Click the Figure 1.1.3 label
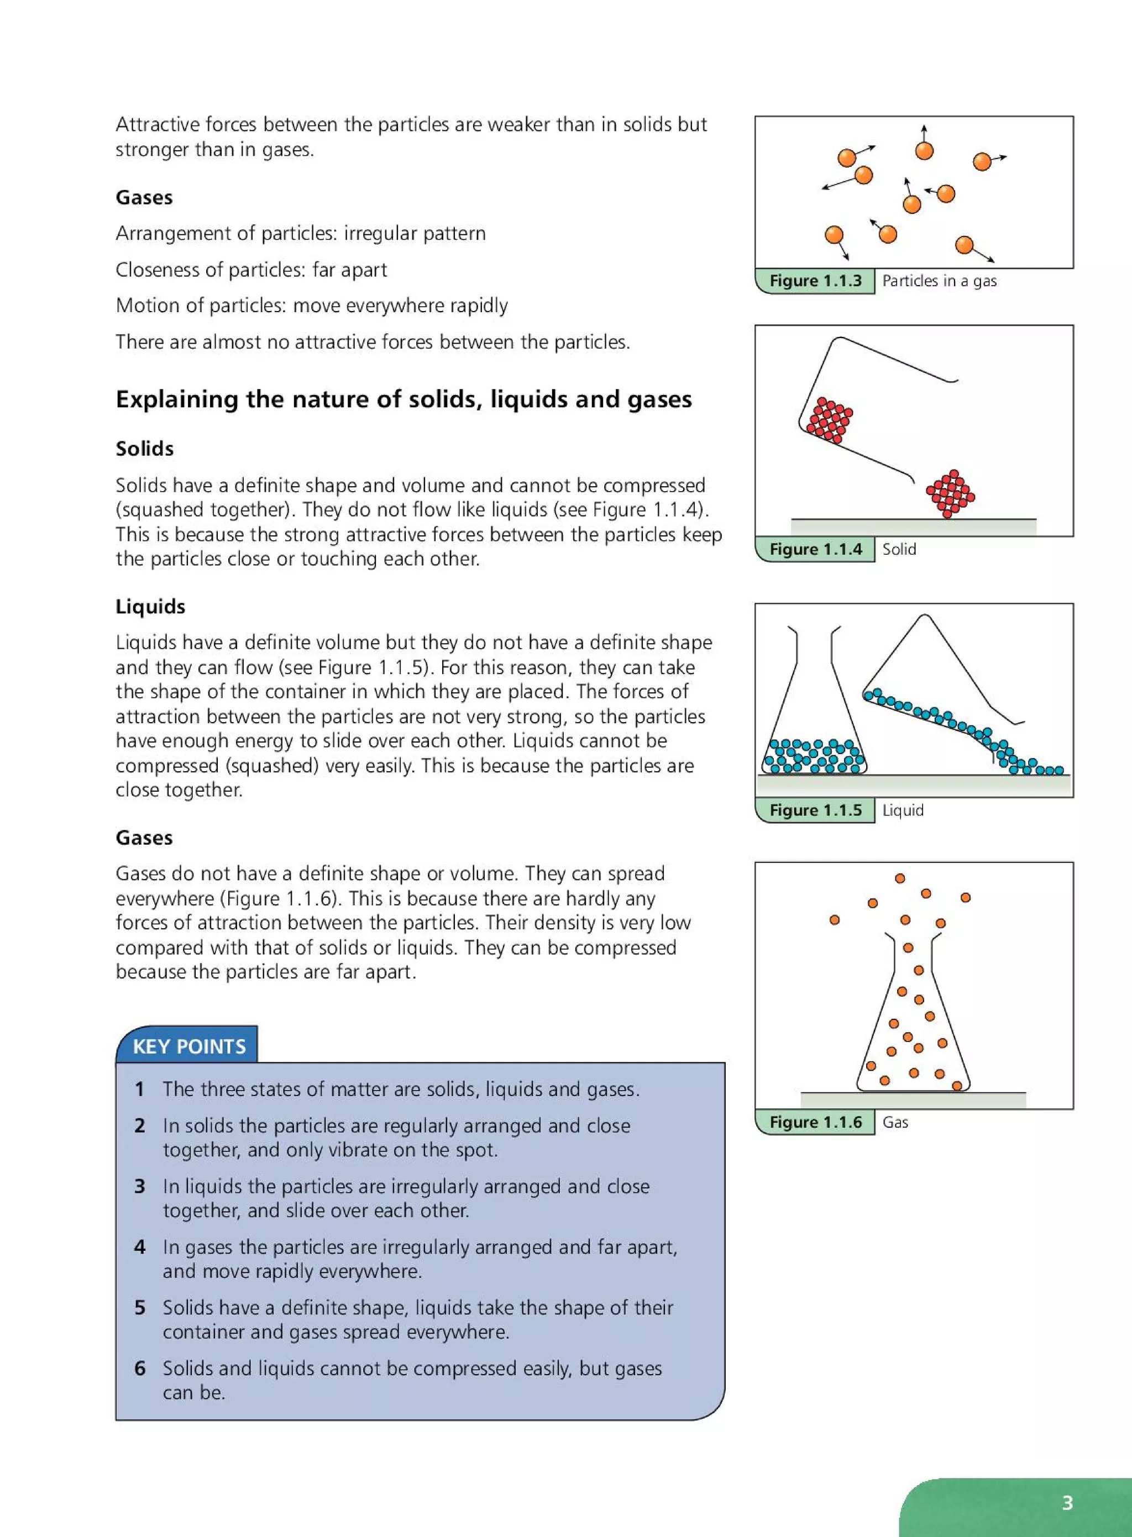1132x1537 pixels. (x=815, y=281)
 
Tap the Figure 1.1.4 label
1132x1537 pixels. (x=815, y=549)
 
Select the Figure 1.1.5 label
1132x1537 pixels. (x=815, y=810)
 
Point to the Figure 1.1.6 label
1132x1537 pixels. (x=815, y=1122)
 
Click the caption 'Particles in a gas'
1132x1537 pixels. (x=939, y=281)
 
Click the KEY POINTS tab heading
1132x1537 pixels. (x=188, y=1046)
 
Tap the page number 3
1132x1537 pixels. (x=1067, y=1503)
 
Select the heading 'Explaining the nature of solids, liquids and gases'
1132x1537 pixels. (x=403, y=399)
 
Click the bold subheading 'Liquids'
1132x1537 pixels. (x=150, y=606)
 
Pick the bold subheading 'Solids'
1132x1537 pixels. (x=145, y=449)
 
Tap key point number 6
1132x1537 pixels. (x=140, y=1368)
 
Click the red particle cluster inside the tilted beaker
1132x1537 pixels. (x=829, y=420)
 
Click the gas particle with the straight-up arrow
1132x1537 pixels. (x=924, y=150)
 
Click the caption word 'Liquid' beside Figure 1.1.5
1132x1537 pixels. (x=903, y=810)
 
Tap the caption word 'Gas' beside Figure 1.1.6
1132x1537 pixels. (x=895, y=1122)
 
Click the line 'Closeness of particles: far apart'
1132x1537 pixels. (x=251, y=270)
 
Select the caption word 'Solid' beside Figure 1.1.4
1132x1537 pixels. (x=898, y=549)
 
